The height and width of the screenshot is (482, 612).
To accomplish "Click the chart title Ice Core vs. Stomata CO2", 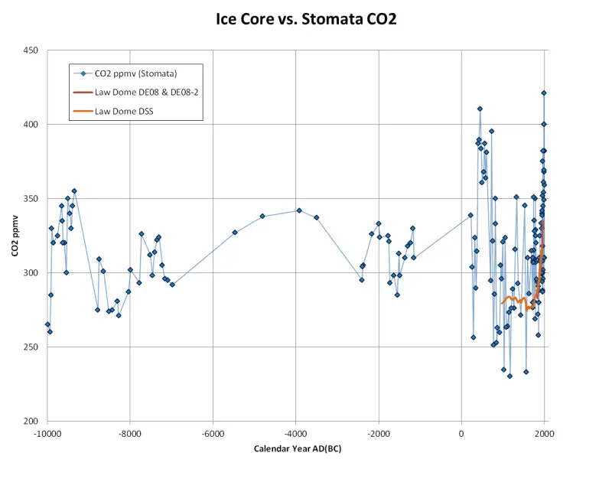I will point(306,19).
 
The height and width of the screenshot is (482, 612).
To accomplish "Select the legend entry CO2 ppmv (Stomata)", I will point(136,73).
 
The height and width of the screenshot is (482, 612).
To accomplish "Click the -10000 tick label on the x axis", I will point(47,434).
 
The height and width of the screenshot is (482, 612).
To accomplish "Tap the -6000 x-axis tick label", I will point(213,434).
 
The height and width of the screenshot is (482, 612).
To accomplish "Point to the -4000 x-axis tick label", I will point(295,434).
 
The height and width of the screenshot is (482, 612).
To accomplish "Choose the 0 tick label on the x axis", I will point(461,434).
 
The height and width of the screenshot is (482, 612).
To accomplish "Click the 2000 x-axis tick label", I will point(544,434).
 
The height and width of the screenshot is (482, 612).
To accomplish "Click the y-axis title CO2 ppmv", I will point(15,236).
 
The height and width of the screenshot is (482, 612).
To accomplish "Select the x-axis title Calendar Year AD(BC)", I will point(298,448).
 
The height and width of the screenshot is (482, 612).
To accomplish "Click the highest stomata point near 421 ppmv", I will point(544,93).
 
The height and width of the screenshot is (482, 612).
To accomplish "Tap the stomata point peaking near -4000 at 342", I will point(299,210).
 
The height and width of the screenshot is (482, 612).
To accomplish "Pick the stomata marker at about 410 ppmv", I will point(480,109).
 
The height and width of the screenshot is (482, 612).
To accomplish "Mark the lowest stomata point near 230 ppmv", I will point(509,376).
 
